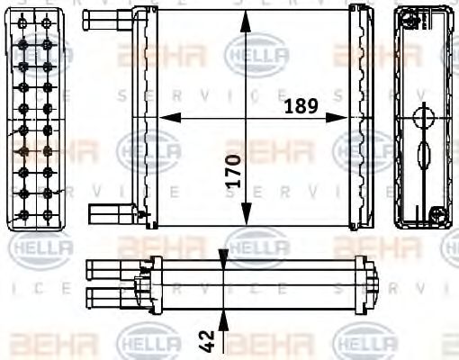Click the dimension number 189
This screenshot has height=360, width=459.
(x=300, y=105)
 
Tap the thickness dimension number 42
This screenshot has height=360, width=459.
(x=208, y=341)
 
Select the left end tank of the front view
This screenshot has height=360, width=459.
(x=142, y=117)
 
